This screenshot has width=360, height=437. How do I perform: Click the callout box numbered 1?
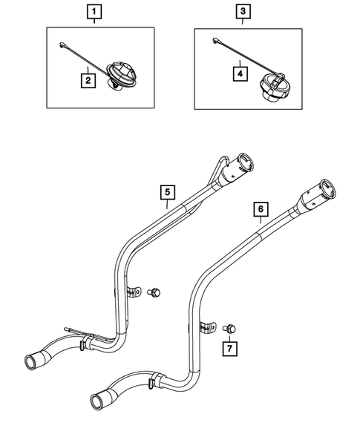pos(94,12)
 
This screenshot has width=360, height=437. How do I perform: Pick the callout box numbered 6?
pos(260,210)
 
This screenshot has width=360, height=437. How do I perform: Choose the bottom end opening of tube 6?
pos(99,402)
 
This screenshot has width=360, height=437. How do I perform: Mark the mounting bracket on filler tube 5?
pos(134,292)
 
